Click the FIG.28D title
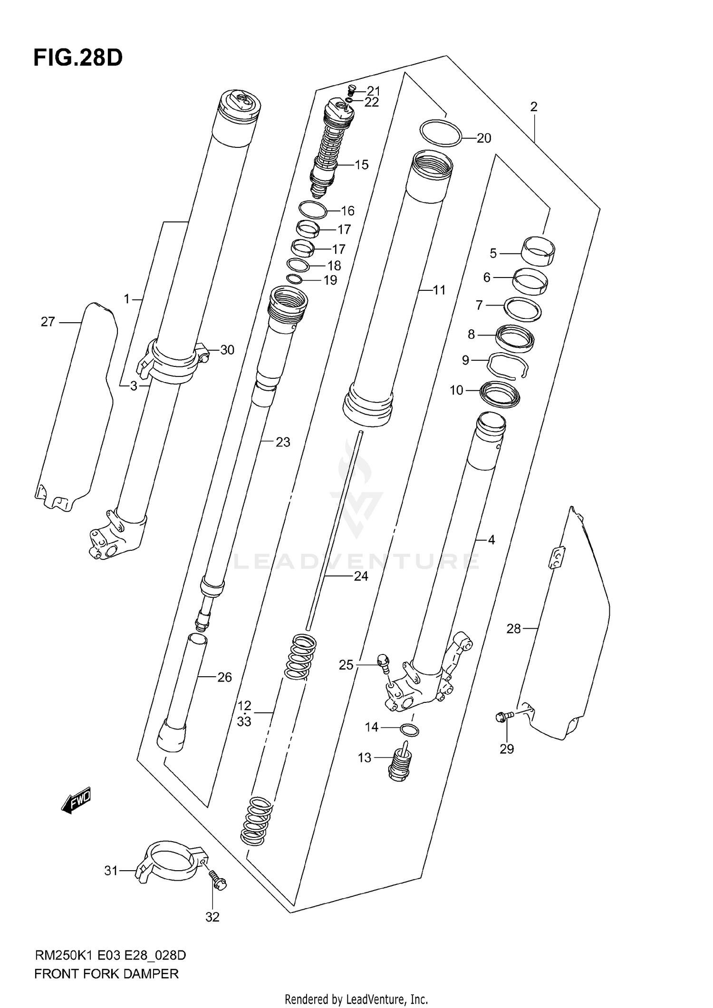click(78, 58)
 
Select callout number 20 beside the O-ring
click(483, 138)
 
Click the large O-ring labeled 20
click(441, 133)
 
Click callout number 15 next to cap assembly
click(361, 165)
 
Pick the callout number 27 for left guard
click(48, 322)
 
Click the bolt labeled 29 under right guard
click(502, 718)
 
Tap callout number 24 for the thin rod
click(361, 576)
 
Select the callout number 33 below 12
click(244, 721)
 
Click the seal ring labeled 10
click(501, 394)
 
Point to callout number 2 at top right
click(533, 107)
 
